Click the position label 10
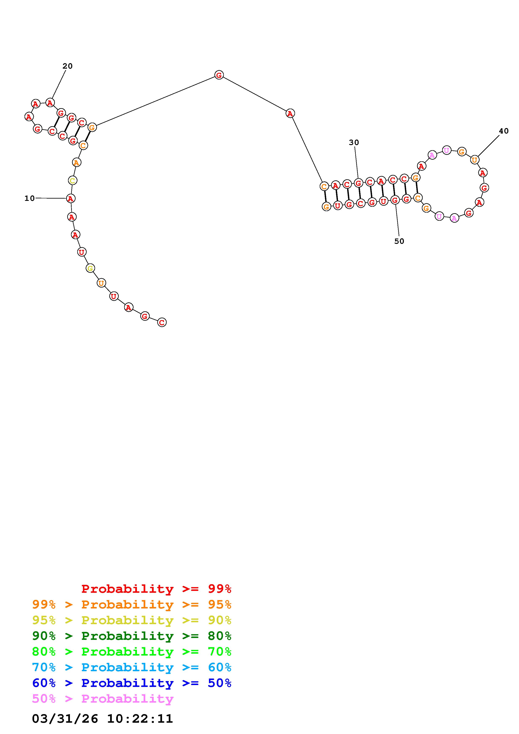[30, 199]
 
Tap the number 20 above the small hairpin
[67, 66]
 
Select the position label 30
[354, 142]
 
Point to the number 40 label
[504, 131]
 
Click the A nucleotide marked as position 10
[71, 199]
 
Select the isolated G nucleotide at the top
[219, 75]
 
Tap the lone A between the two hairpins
[290, 113]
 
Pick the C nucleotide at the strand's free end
[162, 323]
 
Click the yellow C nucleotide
[73, 181]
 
